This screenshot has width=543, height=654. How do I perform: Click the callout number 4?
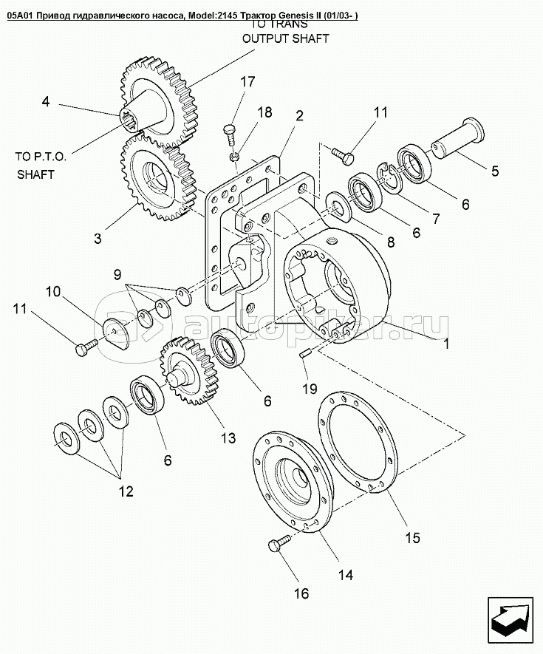pyautogui.click(x=45, y=102)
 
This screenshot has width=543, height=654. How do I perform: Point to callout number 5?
pyautogui.click(x=492, y=170)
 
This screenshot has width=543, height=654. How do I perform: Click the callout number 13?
pyautogui.click(x=227, y=437)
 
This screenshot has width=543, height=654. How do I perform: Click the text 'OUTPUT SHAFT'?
pyautogui.click(x=288, y=39)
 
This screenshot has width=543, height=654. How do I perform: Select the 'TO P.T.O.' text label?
pyautogui.click(x=41, y=157)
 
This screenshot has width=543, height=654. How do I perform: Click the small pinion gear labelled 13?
pyautogui.click(x=182, y=367)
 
